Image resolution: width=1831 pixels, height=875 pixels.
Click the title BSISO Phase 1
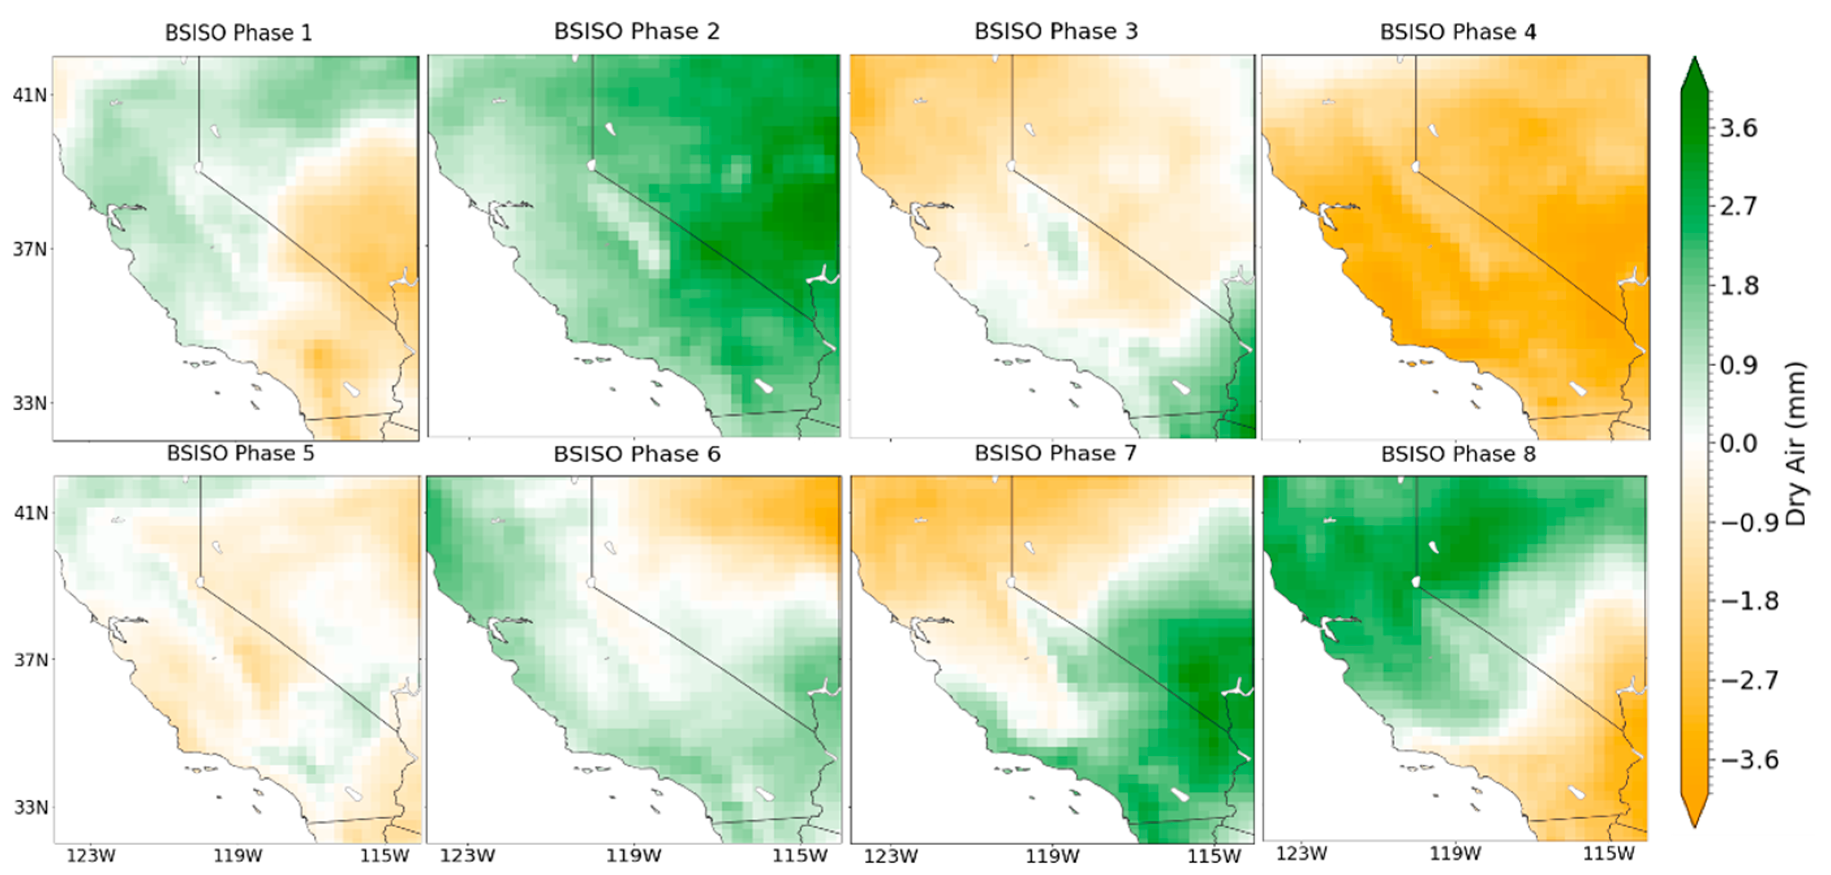pyautogui.click(x=239, y=33)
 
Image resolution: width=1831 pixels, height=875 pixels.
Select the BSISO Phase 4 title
pyautogui.click(x=1458, y=32)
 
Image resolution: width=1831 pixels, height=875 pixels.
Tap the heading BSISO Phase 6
pyautogui.click(x=637, y=454)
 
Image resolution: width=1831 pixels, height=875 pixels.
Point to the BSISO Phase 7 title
pyautogui.click(x=1056, y=454)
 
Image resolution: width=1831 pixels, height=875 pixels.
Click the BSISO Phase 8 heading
pyautogui.click(x=1458, y=454)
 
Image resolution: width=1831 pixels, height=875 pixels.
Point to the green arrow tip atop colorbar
pyautogui.click(x=1695, y=68)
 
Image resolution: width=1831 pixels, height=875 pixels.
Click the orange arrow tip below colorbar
pyautogui.click(x=1695, y=818)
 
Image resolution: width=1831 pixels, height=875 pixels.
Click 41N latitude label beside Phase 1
pyautogui.click(x=29, y=95)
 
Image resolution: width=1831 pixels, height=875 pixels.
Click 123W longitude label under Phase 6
pyautogui.click(x=467, y=856)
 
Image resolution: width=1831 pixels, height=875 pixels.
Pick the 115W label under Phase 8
pyautogui.click(x=1608, y=854)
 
